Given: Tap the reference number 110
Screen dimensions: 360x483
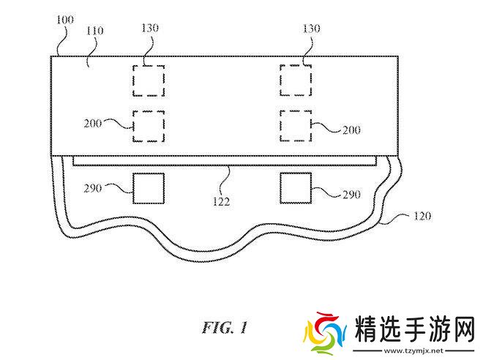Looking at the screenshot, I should [94, 31].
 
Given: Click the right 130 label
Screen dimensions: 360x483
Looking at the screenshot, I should [312, 27].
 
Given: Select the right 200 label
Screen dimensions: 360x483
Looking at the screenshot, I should [351, 129].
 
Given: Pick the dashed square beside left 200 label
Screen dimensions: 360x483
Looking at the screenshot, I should [148, 126].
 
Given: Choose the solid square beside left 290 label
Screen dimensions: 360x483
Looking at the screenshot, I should [149, 188].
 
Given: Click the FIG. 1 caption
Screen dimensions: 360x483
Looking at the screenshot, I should [225, 327].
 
